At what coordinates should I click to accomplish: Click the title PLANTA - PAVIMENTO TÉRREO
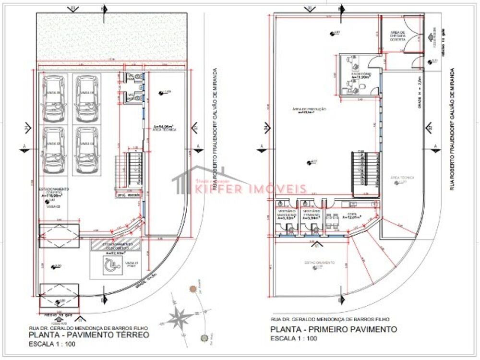click(89, 335)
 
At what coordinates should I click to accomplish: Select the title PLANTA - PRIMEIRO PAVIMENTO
click(334, 329)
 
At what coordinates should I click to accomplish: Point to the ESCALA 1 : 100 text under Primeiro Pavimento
click(294, 339)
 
